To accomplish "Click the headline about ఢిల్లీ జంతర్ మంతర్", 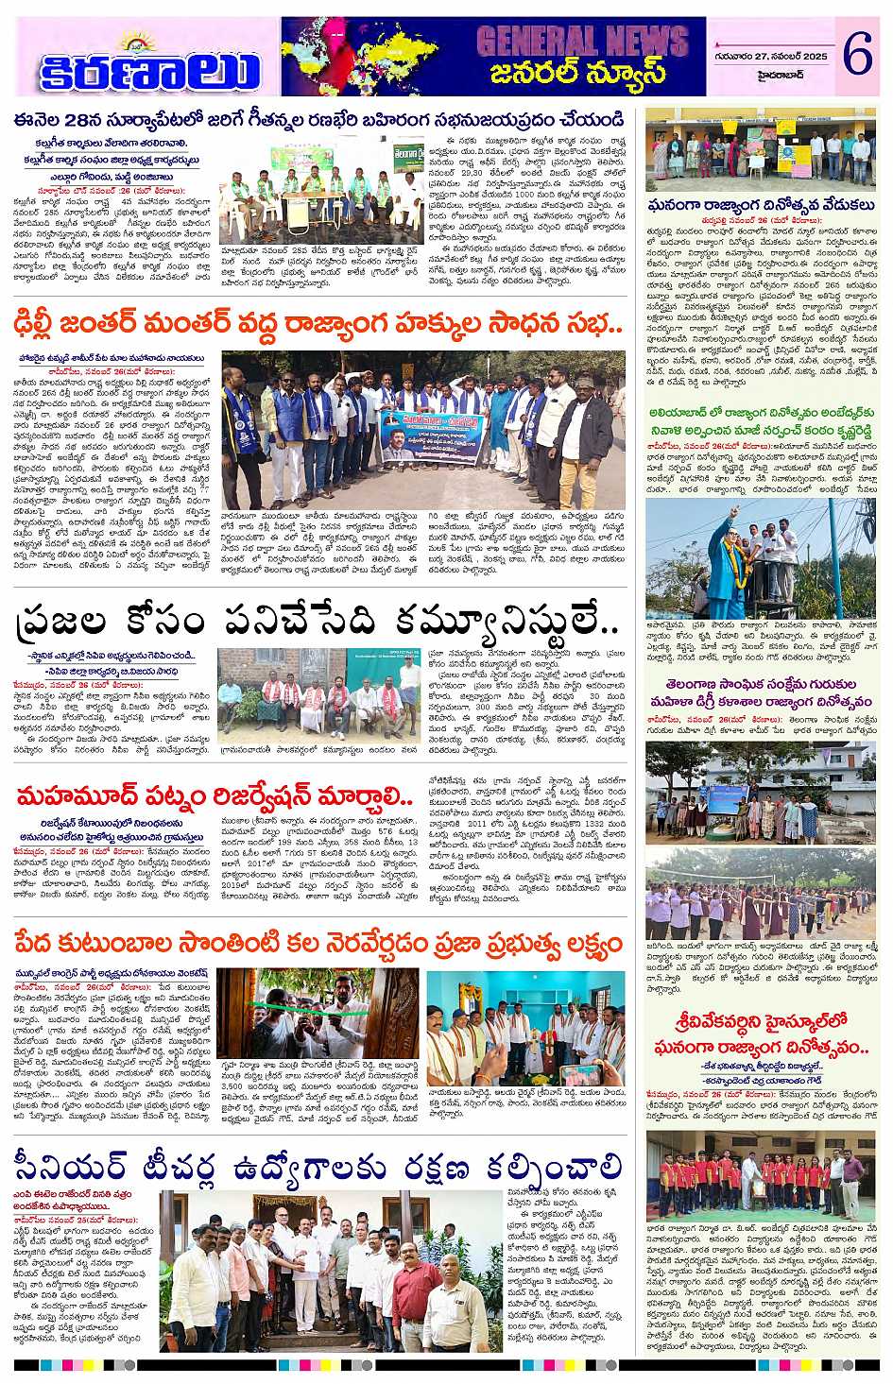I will click(317, 327).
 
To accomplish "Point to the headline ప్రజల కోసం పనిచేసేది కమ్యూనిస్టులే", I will click(317, 623).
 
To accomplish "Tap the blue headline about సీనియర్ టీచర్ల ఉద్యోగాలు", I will click(317, 1165).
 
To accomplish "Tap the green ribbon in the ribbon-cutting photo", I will click(312, 1011).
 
